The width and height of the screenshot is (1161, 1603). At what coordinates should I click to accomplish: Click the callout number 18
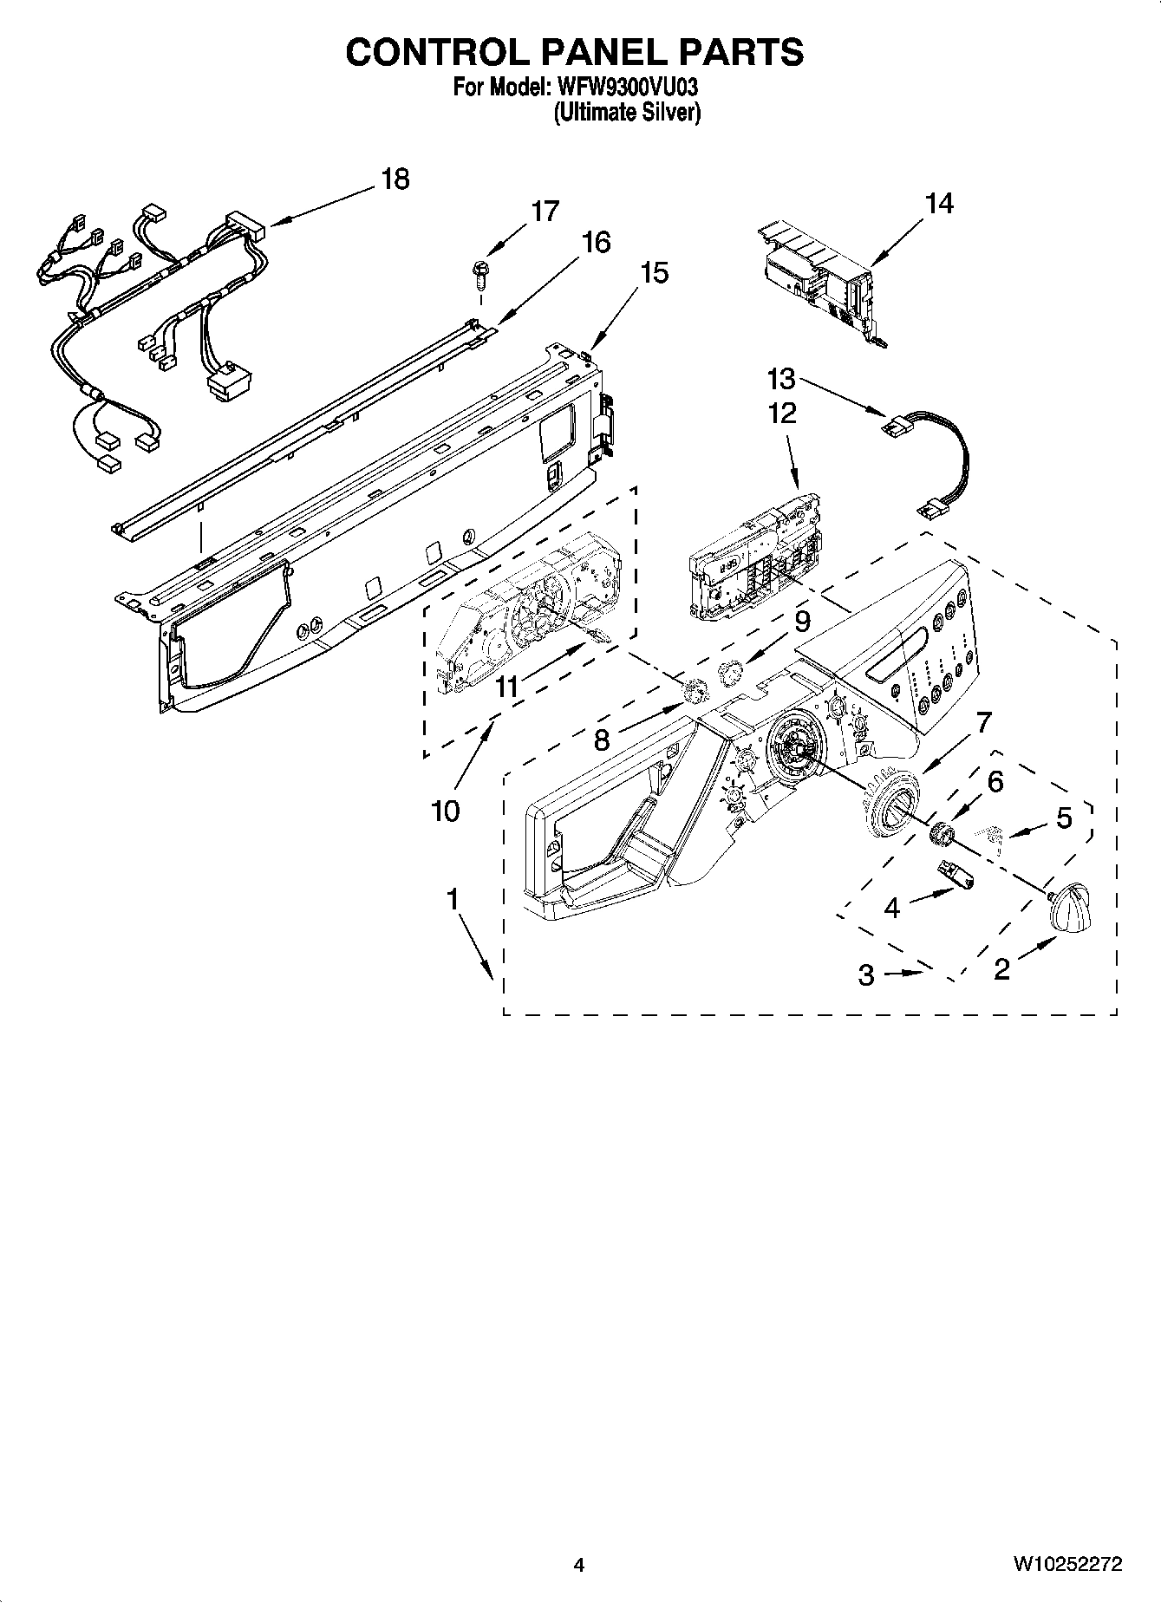pyautogui.click(x=395, y=179)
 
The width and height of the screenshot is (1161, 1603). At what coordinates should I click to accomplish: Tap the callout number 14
pyautogui.click(x=938, y=204)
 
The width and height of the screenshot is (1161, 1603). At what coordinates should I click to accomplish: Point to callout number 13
pyautogui.click(x=781, y=379)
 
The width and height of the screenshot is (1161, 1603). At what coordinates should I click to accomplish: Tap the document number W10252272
pyautogui.click(x=1067, y=1565)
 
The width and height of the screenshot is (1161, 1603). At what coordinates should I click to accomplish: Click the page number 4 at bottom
pyautogui.click(x=579, y=1565)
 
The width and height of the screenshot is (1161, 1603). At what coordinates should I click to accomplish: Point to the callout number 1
pyautogui.click(x=452, y=900)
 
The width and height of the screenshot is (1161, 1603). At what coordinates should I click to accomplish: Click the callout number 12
pyautogui.click(x=782, y=413)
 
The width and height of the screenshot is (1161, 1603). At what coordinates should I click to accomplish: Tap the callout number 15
pyautogui.click(x=655, y=273)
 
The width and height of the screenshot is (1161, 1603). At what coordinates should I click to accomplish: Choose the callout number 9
pyautogui.click(x=802, y=622)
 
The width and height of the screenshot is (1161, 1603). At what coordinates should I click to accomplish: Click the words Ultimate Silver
pyautogui.click(x=627, y=113)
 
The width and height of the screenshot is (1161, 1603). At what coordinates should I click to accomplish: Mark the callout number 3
pyautogui.click(x=866, y=974)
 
